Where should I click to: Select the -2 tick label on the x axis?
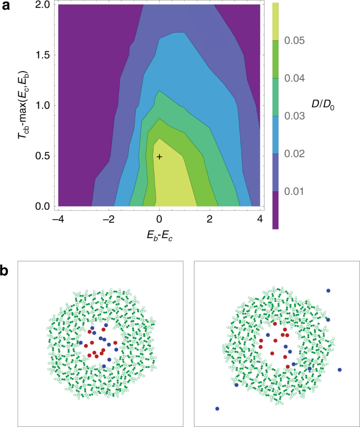tap(108, 219)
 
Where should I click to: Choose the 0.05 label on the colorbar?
tap(310, 40)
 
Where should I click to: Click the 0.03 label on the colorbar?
tap(310, 116)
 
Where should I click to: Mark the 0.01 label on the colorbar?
tap(310, 191)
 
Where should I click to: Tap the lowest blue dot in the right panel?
tap(217, 408)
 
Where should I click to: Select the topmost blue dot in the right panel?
tap(328, 290)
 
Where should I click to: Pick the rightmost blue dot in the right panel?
tap(340, 370)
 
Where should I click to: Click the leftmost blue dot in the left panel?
tap(80, 342)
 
